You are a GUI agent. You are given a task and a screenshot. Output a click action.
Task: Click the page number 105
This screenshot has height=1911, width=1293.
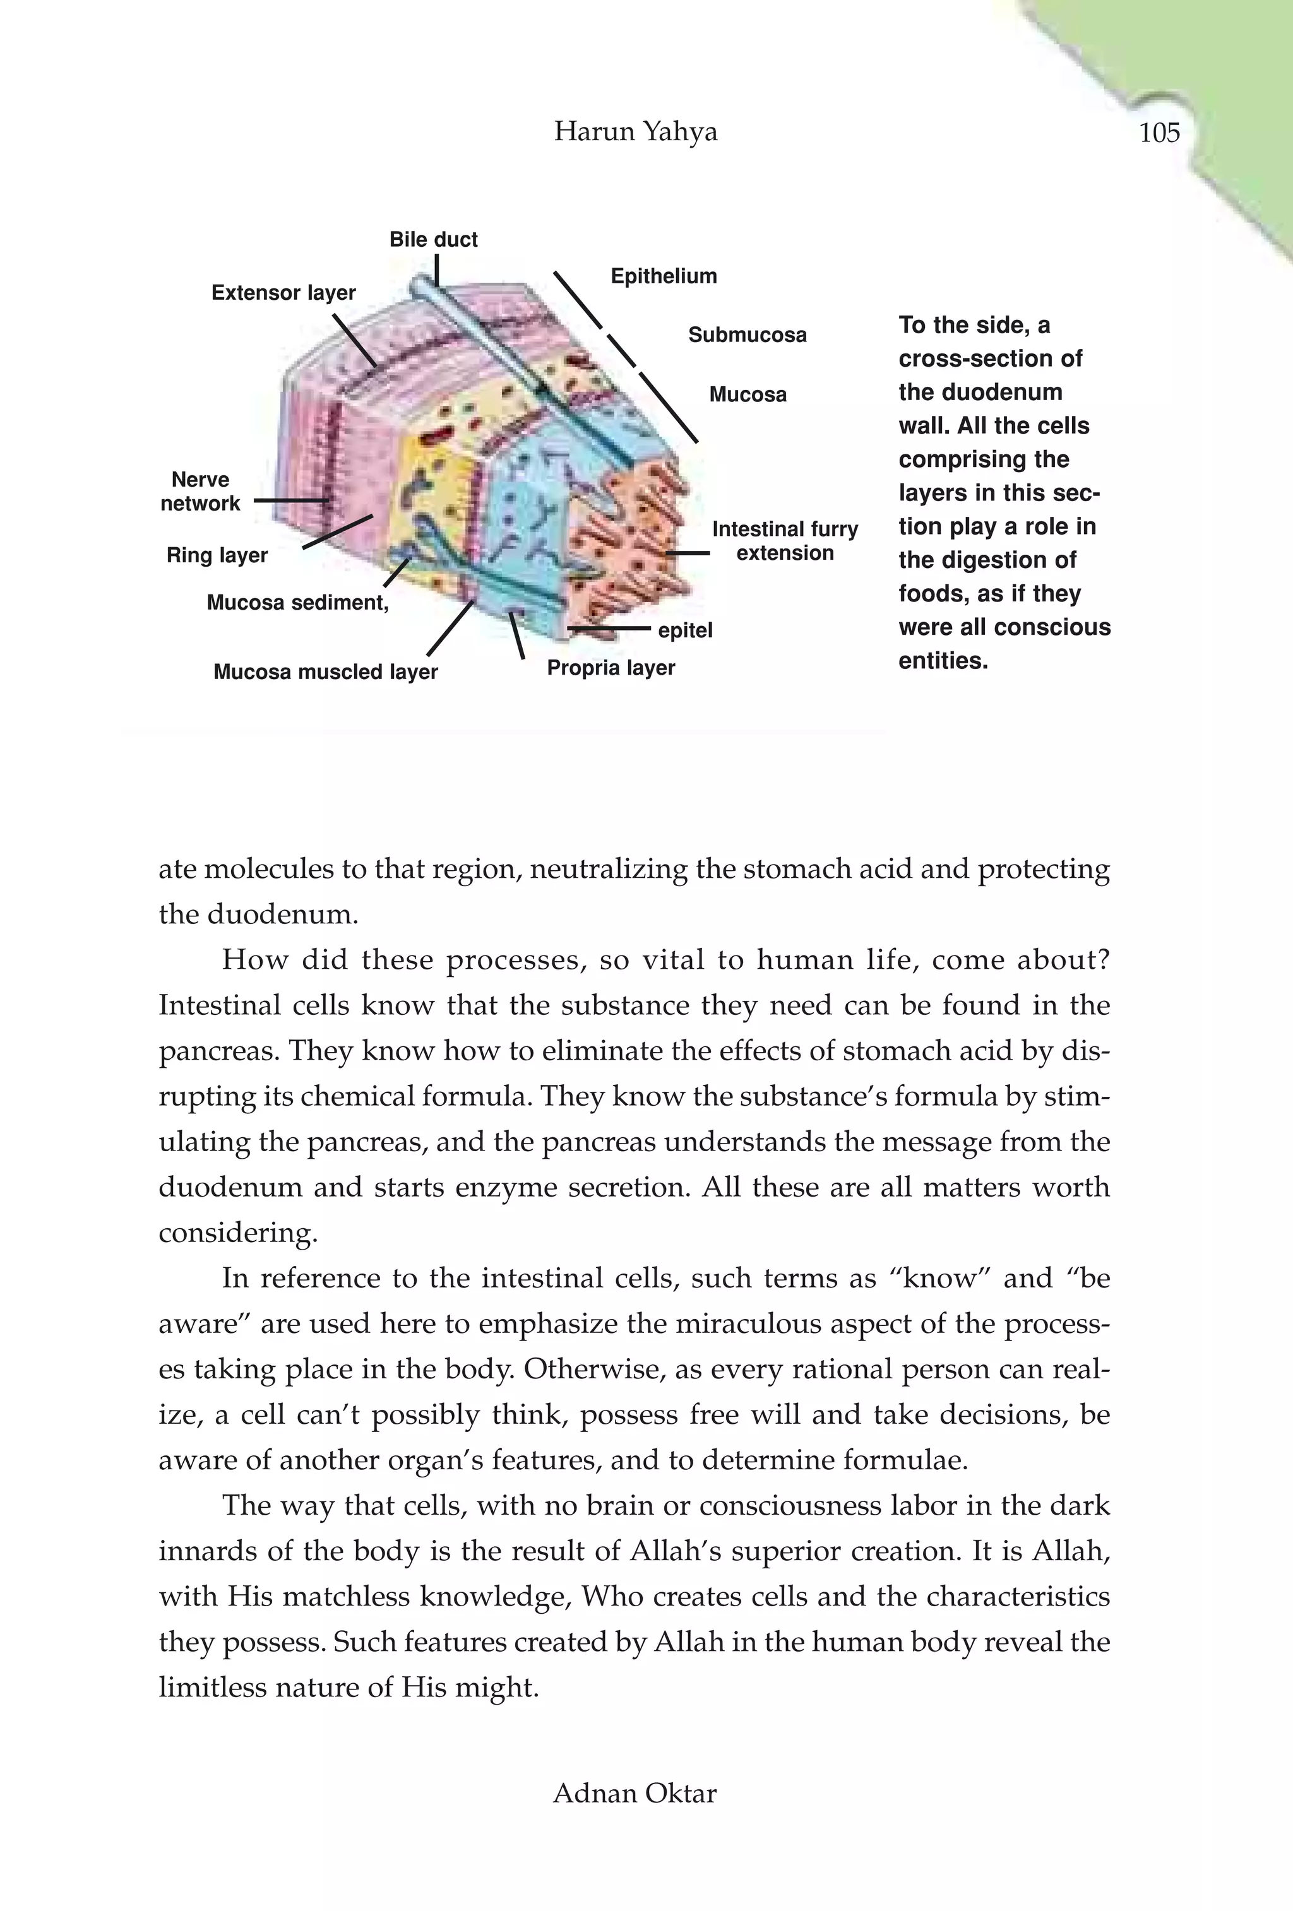click(1159, 133)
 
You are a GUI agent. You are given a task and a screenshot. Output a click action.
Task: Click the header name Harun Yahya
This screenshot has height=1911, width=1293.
click(635, 131)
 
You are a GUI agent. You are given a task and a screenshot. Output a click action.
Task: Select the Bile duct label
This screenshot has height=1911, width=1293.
click(434, 239)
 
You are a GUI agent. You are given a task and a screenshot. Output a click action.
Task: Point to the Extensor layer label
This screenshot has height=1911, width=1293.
click(283, 293)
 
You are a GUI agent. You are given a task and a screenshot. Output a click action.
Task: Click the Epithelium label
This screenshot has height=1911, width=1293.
click(663, 276)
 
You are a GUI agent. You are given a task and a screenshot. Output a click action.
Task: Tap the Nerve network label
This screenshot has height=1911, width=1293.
click(200, 492)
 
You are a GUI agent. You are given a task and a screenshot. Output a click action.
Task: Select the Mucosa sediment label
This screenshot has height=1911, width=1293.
click(297, 603)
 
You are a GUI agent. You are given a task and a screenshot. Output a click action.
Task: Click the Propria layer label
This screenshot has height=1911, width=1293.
click(611, 668)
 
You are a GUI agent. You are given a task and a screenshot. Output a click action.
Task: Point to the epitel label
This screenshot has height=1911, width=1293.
click(685, 630)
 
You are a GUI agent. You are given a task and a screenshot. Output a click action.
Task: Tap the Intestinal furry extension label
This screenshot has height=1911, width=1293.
click(785, 541)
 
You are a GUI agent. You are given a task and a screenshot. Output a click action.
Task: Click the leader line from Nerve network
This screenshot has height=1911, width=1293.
click(290, 500)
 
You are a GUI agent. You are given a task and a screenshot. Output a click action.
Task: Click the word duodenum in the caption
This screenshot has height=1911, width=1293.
click(980, 392)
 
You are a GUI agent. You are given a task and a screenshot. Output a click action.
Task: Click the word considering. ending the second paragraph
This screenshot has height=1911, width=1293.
click(238, 1233)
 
